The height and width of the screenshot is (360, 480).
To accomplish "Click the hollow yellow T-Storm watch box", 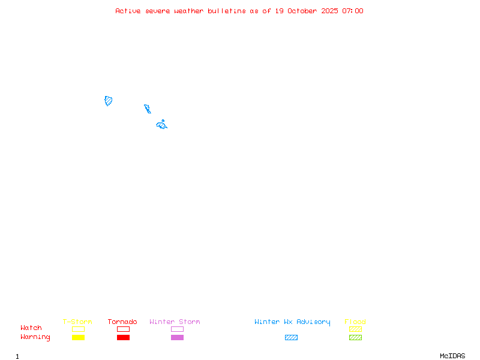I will tap(78, 329).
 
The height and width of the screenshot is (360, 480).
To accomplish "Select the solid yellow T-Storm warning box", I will tap(78, 337).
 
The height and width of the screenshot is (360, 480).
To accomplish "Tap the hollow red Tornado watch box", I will tap(123, 329).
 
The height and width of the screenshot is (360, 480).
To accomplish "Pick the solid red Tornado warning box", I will tap(123, 337).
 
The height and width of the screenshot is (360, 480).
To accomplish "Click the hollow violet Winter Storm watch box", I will tap(177, 329).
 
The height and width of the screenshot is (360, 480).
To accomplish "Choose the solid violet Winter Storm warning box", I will tap(177, 337).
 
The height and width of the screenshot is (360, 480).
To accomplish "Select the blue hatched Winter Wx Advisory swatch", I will tap(291, 337).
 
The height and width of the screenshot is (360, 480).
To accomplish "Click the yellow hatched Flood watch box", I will tap(355, 329).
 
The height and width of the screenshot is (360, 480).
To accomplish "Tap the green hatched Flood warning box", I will tap(355, 337).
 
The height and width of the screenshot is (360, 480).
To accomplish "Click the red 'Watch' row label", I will tap(31, 328).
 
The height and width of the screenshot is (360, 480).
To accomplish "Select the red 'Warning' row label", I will tap(35, 337).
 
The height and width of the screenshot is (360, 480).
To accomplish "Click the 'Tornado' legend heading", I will tap(122, 322).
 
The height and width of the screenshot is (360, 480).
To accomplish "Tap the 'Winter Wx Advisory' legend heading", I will tap(292, 322).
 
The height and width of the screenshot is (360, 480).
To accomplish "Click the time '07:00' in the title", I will tap(353, 11).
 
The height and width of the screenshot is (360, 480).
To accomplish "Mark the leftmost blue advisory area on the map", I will tap(109, 101).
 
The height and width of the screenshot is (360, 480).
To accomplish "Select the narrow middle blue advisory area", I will tap(148, 109).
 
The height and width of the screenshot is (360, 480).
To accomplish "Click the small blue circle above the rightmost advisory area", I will tap(163, 121).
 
